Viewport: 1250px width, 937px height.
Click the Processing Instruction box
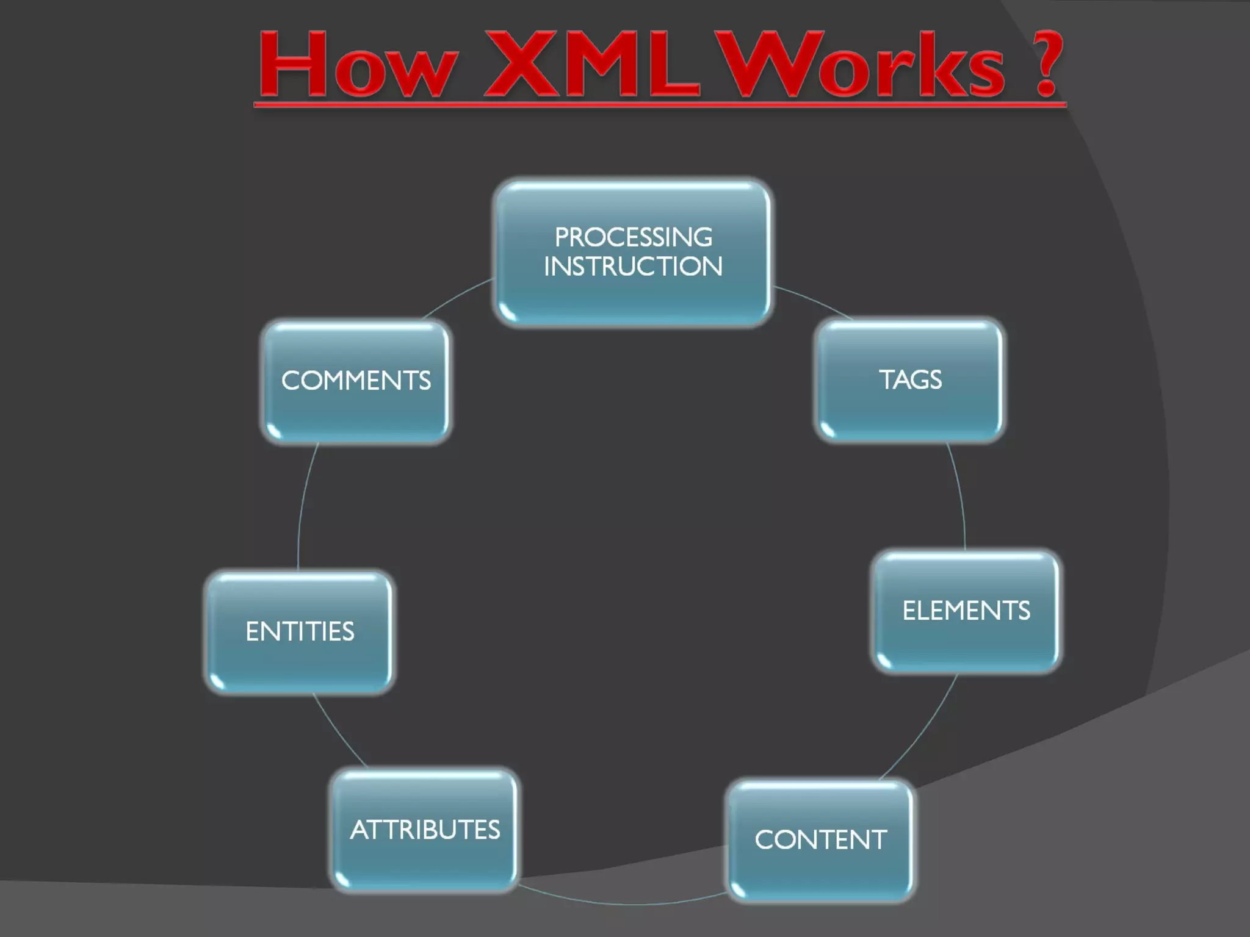click(x=633, y=253)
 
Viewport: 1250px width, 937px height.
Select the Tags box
click(x=909, y=379)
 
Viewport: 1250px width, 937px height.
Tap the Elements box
click(x=966, y=611)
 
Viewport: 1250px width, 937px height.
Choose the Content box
click(x=820, y=840)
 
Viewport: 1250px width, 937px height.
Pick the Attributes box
click(x=425, y=830)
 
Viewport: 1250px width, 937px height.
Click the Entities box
click(x=299, y=631)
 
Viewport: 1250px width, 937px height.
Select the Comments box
click(x=356, y=381)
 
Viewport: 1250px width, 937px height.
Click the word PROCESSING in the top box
click(x=633, y=237)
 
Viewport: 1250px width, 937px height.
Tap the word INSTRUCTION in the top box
click(x=633, y=267)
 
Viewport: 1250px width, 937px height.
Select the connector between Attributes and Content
click(x=623, y=903)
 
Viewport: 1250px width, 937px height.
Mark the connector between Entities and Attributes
click(x=338, y=732)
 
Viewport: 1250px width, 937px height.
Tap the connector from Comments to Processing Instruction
click(x=457, y=297)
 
